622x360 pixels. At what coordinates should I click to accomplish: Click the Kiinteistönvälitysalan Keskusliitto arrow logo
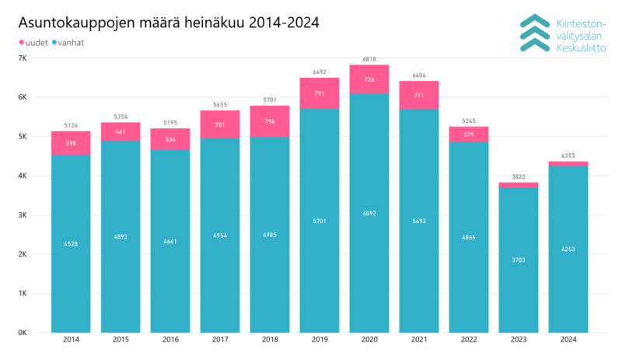coord(533,33)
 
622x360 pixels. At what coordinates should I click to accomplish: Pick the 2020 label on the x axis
coord(369,341)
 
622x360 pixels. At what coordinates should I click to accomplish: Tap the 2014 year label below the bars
coord(71,341)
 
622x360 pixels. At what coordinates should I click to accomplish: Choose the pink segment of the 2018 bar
coord(270,121)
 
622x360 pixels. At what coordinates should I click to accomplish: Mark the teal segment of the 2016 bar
coord(170,241)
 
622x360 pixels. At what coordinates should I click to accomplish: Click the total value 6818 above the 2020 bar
coord(369,58)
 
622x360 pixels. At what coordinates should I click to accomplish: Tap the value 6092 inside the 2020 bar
coord(369,212)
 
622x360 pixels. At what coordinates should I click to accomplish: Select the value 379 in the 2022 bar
coord(469,134)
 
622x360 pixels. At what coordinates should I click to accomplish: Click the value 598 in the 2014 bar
coord(71,143)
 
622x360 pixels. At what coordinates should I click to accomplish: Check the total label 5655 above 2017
coord(220,104)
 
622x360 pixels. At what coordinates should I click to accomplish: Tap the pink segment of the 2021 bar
coord(419,95)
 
